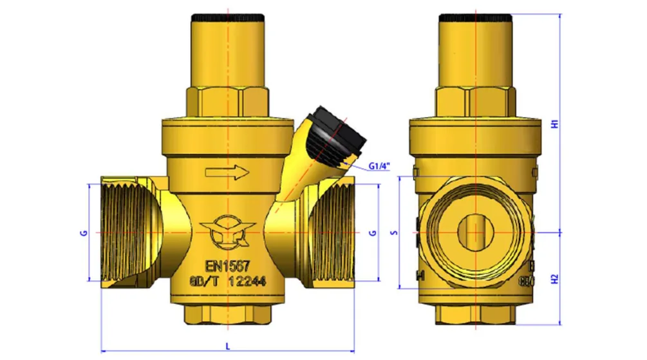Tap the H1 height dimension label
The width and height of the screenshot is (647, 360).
pos(555,124)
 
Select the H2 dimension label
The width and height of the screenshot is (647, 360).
pos(555,278)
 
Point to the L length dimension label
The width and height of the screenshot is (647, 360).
pos(228,346)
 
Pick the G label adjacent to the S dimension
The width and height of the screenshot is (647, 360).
pos(373,232)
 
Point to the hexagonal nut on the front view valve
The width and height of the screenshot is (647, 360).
pos(229,100)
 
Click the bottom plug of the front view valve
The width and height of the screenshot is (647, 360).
pos(228,314)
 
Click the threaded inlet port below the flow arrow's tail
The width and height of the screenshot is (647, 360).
pos(126,232)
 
